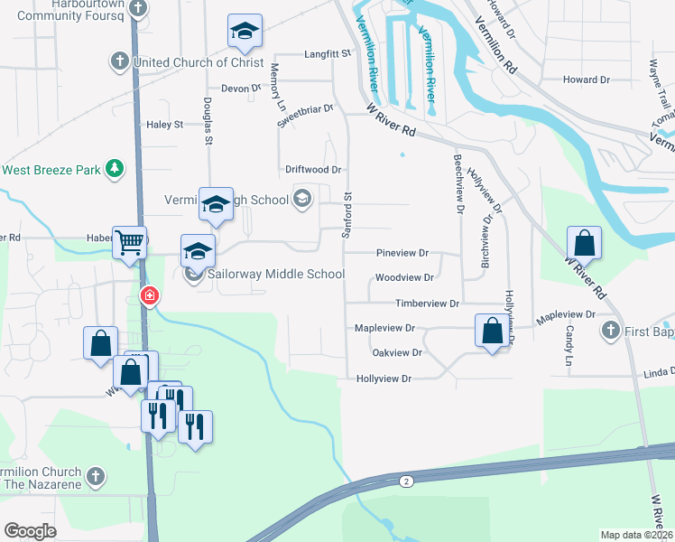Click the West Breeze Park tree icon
click(114, 169)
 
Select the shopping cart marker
click(130, 242)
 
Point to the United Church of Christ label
click(198, 62)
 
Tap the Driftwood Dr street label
click(312, 169)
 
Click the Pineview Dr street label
click(402, 254)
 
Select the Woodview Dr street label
click(405, 278)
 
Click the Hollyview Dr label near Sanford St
click(384, 379)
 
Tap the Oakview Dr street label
click(397, 353)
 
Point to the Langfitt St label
click(327, 54)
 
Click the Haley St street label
click(164, 124)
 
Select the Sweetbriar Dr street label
click(306, 117)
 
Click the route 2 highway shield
click(407, 481)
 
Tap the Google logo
click(30, 531)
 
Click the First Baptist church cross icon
click(612, 332)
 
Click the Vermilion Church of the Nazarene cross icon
click(97, 475)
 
